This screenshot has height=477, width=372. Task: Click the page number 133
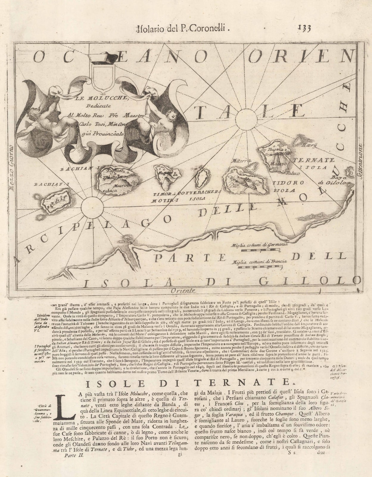pos(304,28)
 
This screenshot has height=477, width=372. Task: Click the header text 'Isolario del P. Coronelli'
pos(183,29)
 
